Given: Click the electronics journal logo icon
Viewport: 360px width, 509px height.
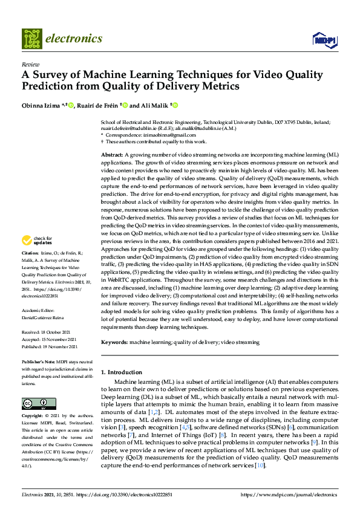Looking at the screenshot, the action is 32,38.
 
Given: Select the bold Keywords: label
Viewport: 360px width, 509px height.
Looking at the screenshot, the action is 114,342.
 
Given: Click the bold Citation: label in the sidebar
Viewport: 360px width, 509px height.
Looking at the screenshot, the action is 31,269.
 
